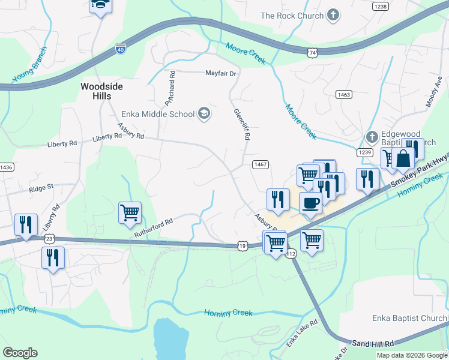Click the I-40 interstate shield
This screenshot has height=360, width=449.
point(121,49)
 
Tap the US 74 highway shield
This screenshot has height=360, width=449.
point(312,53)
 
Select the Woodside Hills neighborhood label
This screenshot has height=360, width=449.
point(102,91)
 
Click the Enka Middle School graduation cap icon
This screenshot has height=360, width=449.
point(204,114)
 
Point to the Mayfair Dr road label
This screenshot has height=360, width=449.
point(221,73)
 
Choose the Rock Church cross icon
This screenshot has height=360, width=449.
point(334,16)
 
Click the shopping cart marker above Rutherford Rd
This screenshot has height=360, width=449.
point(130,212)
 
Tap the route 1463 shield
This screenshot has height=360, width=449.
point(344,94)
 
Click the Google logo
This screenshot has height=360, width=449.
point(20,353)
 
